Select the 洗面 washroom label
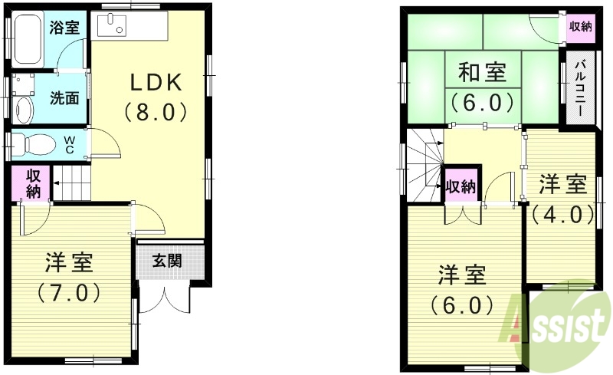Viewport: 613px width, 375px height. [64, 98]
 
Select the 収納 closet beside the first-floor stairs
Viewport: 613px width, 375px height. [31, 184]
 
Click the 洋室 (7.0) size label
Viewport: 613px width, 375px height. [69, 292]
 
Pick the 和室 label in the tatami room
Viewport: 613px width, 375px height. [481, 73]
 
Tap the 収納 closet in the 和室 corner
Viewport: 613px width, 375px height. [580, 27]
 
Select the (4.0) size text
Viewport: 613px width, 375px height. [562, 213]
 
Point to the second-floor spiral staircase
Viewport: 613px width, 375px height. [424, 165]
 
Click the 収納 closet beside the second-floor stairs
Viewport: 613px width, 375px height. [461, 186]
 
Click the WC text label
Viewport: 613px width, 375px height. [69, 144]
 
